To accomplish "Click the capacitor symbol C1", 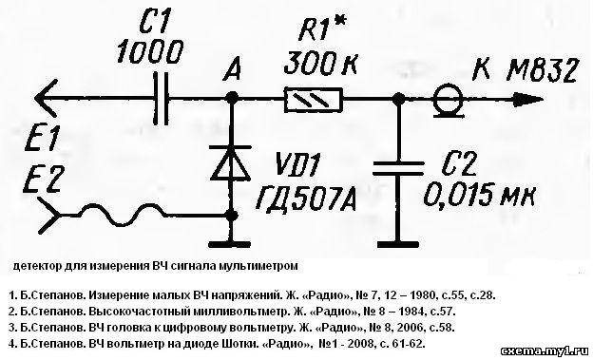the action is click(x=162, y=99).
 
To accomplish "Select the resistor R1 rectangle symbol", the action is click(x=314, y=100).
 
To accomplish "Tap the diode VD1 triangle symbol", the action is click(x=231, y=163).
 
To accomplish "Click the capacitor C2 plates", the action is click(x=398, y=169).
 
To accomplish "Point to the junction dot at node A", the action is click(x=231, y=99).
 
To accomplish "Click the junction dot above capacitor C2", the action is click(x=398, y=100).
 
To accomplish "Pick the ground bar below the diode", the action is click(x=230, y=244).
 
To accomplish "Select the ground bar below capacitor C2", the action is click(x=398, y=244).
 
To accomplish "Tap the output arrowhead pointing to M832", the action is click(x=528, y=100).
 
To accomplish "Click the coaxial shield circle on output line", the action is click(x=448, y=99).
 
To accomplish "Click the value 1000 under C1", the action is click(x=150, y=52).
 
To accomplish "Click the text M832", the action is click(x=541, y=70).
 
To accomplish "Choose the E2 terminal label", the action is click(x=42, y=180).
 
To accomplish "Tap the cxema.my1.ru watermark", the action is click(x=545, y=351).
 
